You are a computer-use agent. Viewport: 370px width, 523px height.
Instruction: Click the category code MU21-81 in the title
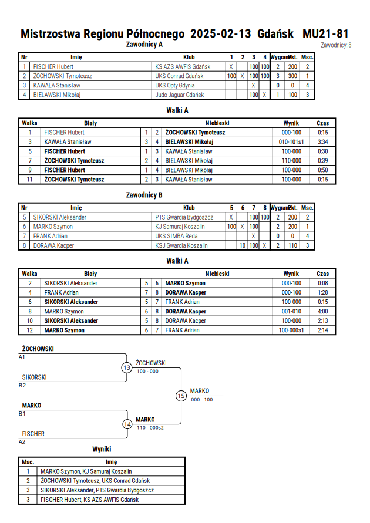tap(325, 33)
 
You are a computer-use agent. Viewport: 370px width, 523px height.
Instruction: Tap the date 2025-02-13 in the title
tap(221, 33)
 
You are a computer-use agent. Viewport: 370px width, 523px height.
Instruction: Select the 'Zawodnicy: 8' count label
tap(336, 45)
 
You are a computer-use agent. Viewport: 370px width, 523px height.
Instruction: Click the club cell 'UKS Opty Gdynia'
tap(175, 85)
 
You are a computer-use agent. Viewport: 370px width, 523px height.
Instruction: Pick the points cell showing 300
tap(292, 76)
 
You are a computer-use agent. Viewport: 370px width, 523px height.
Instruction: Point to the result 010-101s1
tap(291, 142)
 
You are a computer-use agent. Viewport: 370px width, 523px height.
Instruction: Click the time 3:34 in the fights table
tap(322, 142)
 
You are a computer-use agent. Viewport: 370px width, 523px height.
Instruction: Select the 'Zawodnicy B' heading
tap(144, 195)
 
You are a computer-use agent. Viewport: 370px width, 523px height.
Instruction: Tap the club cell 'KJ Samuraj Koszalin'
tap(180, 227)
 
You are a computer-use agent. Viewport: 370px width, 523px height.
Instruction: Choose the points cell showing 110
tap(292, 245)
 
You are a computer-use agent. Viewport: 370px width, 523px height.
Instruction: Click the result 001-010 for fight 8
tap(291, 312)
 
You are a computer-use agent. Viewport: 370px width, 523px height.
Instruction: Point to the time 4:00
tap(322, 312)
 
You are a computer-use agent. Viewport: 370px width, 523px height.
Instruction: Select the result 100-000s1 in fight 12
tap(291, 330)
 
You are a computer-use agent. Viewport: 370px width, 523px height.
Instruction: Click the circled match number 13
tap(127, 368)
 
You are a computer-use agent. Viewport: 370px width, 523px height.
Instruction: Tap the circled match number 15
tap(181, 396)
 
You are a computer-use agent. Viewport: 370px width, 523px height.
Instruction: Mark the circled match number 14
tap(127, 424)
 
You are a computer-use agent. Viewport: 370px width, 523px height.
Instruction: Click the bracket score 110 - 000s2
tap(150, 428)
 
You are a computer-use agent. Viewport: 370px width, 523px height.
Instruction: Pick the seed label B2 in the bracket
tap(22, 386)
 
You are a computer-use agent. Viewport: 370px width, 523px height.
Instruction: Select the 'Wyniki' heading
tap(102, 449)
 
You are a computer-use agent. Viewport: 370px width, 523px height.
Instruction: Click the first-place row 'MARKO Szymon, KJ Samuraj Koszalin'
tap(86, 471)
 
